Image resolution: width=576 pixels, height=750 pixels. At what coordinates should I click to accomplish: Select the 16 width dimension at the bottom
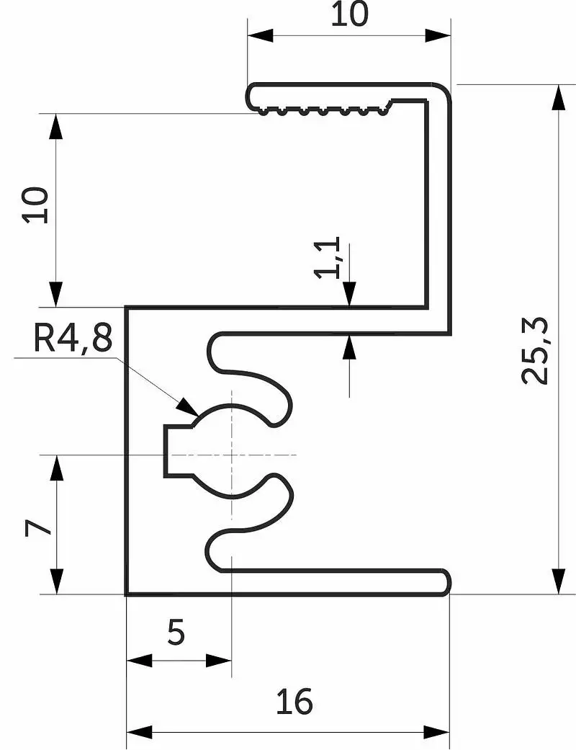pos(294,701)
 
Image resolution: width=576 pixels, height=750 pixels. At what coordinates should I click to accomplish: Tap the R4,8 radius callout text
pos(73,338)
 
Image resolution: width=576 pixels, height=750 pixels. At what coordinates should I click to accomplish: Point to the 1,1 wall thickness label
pos(328,258)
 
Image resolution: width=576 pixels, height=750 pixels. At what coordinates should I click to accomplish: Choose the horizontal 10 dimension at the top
pos(349,14)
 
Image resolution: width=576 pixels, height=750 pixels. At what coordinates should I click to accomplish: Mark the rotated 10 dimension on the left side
pos(35,205)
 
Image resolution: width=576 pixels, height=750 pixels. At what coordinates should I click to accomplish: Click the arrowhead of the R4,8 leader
pos(187,407)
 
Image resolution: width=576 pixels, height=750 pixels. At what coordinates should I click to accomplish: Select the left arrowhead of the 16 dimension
pos(139,732)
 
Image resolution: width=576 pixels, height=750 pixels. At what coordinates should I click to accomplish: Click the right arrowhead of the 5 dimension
pos(218,661)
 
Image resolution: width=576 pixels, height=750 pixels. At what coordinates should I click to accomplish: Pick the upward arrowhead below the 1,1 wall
pos(350,347)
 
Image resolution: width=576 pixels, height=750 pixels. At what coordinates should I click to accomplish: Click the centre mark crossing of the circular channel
pos(232,455)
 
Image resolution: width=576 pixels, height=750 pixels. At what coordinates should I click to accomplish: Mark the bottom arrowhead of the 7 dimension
pos(56,581)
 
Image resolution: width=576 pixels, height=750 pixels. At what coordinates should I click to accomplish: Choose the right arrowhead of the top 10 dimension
pos(437,35)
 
